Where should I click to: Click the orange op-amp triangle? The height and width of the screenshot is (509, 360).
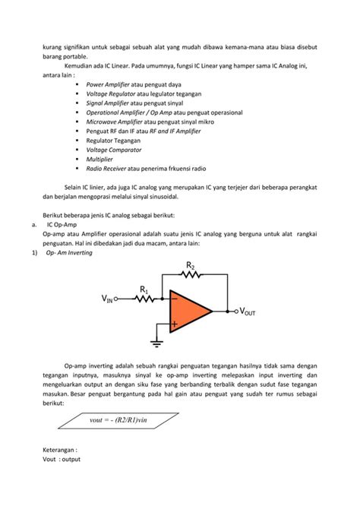[188, 310]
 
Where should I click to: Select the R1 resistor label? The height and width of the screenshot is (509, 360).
[144, 289]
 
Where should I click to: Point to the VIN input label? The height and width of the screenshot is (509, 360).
[107, 300]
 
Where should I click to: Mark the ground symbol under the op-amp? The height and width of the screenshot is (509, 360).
[156, 343]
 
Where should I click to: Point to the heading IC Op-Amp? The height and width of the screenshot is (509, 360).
[62, 225]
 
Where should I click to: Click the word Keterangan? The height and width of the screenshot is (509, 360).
[63, 450]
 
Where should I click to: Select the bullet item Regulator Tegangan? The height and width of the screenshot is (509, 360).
[116, 141]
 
